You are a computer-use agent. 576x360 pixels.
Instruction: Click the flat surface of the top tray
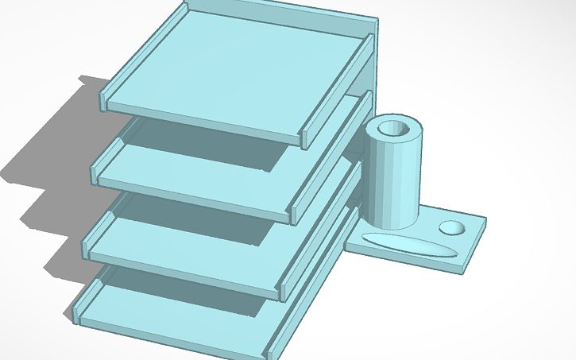coord(238,72)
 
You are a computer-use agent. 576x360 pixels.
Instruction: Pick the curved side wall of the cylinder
coord(392,183)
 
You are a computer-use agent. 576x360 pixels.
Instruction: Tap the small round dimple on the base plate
coord(453,227)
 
